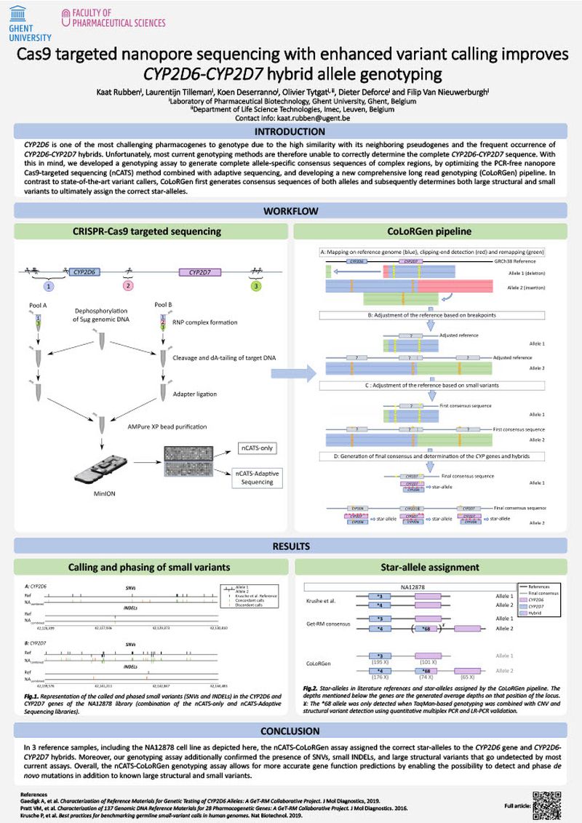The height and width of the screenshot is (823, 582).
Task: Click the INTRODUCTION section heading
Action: pos(290,132)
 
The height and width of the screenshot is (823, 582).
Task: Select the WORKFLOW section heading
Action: pos(290,212)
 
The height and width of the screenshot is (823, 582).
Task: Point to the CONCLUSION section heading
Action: pos(290,731)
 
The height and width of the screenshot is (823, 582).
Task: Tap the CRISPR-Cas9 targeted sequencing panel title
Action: pos(147,232)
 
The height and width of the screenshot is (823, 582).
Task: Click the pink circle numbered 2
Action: pos(129,286)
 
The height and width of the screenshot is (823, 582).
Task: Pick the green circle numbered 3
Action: pos(255,286)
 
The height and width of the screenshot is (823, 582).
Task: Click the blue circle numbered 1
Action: pos(49,286)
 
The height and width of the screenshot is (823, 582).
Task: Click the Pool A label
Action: pos(34,306)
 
